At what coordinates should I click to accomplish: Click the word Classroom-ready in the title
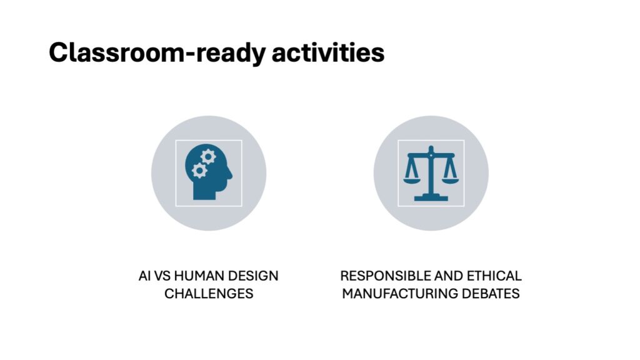pos(157,52)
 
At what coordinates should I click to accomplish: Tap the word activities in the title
pos(328,52)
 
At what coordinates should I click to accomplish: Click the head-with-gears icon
pos(209,172)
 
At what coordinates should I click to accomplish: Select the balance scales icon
pos(431,173)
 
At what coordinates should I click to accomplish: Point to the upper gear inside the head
pos(208,156)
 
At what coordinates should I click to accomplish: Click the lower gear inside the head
pos(199,171)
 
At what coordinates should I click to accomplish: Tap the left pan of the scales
pos(411,180)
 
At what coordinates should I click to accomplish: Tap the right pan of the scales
pos(451,180)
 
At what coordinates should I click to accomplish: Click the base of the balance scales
pos(431,198)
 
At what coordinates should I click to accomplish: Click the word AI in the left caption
pos(144,276)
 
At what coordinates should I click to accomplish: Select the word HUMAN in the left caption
pos(199,276)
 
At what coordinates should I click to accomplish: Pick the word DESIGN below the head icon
pos(253,276)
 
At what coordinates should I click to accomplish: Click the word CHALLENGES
pos(209,294)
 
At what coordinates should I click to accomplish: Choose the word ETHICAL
pos(494,276)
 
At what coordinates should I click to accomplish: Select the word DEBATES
pos(491,294)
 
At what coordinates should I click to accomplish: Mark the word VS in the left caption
pos(162,276)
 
